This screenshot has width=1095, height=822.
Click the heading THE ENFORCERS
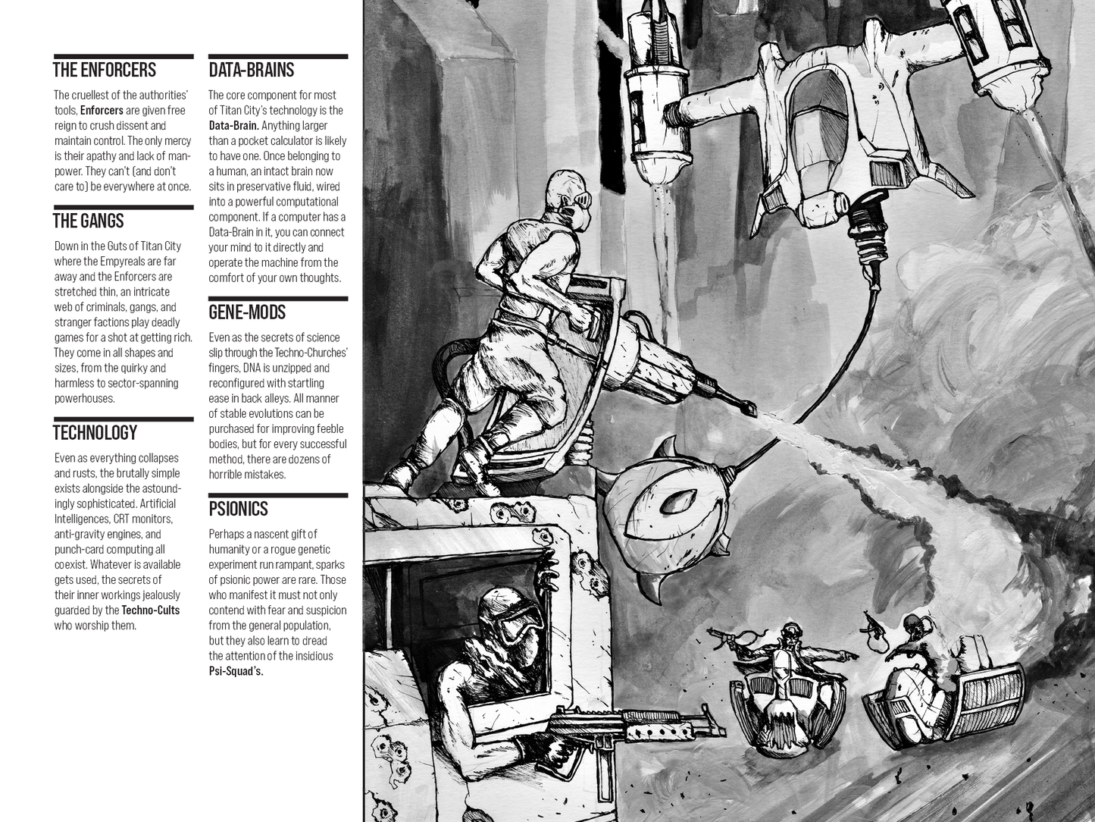pyautogui.click(x=105, y=71)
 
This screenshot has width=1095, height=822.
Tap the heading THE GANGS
pyautogui.click(x=89, y=221)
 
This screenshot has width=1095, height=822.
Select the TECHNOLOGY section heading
pyautogui.click(x=95, y=433)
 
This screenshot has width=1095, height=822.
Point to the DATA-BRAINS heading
pyautogui.click(x=252, y=71)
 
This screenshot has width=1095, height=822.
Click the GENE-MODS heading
pyautogui.click(x=247, y=312)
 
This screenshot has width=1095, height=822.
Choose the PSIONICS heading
pyautogui.click(x=239, y=509)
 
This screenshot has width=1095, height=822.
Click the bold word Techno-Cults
pyautogui.click(x=151, y=610)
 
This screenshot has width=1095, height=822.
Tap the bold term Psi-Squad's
pyautogui.click(x=236, y=671)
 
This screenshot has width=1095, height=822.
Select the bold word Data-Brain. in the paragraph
pyautogui.click(x=233, y=126)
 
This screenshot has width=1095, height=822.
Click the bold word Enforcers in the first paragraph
pyautogui.click(x=102, y=111)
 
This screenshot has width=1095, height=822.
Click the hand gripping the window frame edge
pyautogui.click(x=546, y=578)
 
